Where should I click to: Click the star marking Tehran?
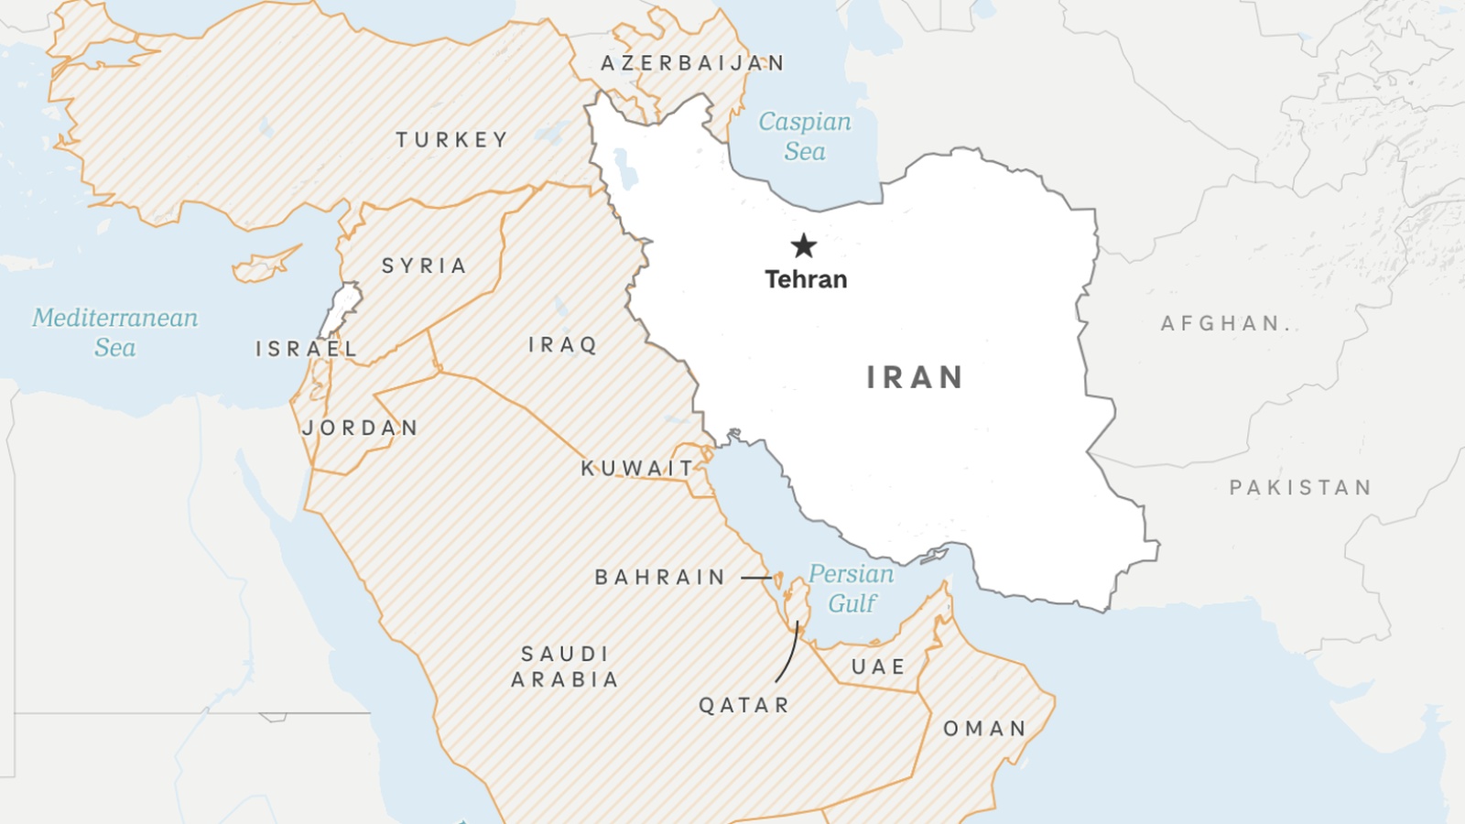coord(804,245)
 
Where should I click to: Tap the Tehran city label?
coord(806,279)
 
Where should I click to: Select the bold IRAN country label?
coord(915,377)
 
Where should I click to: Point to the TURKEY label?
coord(452,140)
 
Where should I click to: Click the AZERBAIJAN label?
coord(693,63)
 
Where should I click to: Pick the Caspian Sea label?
coord(805,136)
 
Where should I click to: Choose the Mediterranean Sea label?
coord(115,332)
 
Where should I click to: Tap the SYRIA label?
coord(425,266)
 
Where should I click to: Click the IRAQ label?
coord(563,345)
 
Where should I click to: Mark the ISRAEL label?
coord(306,349)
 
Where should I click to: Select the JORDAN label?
coord(361,428)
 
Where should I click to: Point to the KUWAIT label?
coord(638,469)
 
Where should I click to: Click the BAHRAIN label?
coord(660,578)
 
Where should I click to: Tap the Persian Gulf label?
coord(852,589)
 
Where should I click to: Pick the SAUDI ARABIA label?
coord(565,667)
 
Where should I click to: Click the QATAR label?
coord(744,705)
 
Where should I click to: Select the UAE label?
coord(879,667)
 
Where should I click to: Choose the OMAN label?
coord(985,729)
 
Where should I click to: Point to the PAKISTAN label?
coord(1300,488)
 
